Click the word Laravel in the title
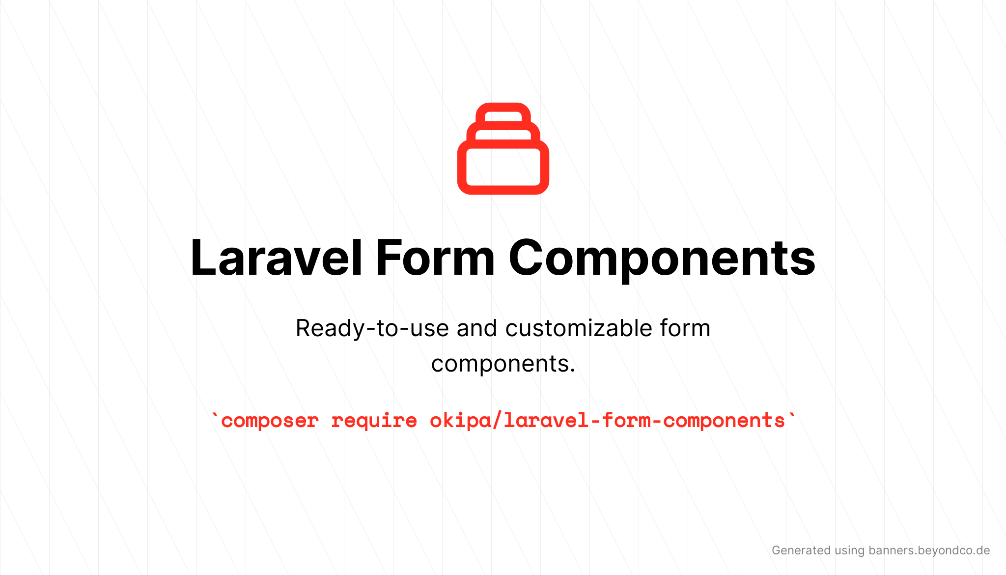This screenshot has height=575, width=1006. [276, 258]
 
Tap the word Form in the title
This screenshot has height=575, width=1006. [435, 258]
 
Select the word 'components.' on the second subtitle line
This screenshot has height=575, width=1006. [503, 364]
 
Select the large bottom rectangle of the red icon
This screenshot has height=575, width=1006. [503, 167]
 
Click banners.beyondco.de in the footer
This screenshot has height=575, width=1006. [929, 550]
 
